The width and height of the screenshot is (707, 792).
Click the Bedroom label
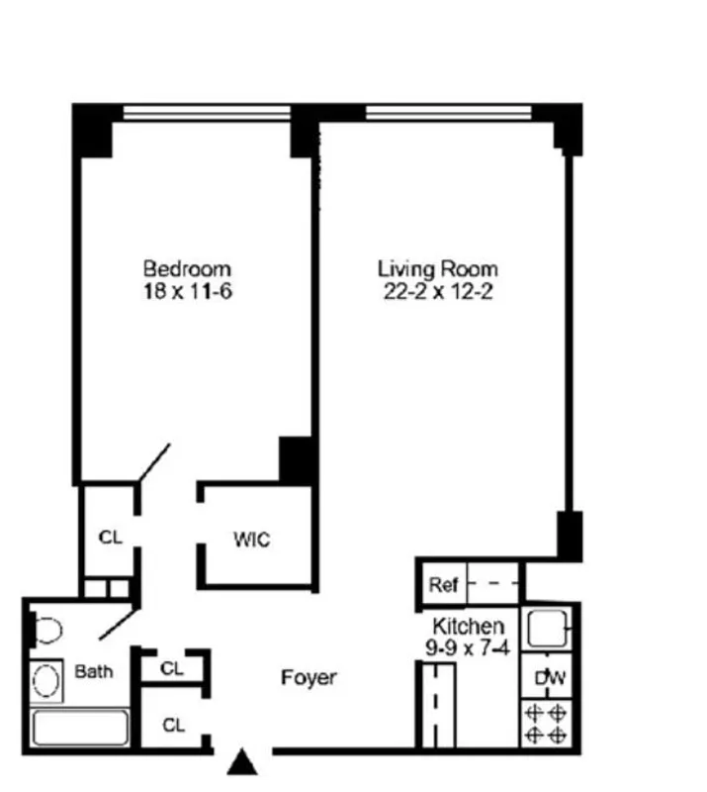(187, 268)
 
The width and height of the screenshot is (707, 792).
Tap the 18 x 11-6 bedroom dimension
(187, 292)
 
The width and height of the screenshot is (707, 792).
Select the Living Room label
(437, 268)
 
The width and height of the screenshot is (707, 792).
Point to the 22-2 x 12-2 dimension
(437, 292)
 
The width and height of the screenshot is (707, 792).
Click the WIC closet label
(251, 541)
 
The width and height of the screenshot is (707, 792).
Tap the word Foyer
(308, 678)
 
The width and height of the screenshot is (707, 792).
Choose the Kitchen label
(469, 626)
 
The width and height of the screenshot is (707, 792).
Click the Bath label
(94, 671)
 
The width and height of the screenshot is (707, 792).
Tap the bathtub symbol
(79, 728)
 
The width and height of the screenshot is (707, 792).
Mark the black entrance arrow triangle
(243, 763)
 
